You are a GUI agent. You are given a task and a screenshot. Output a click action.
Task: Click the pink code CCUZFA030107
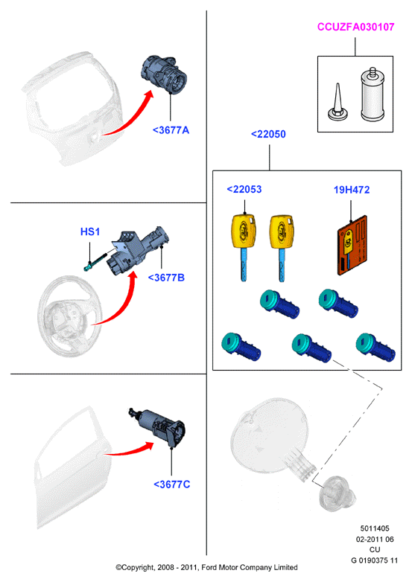(x=355, y=27)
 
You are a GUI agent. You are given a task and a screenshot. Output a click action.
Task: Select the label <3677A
(x=171, y=130)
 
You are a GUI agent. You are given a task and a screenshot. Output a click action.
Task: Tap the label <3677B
(x=166, y=278)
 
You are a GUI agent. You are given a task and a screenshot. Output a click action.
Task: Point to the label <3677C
(x=171, y=485)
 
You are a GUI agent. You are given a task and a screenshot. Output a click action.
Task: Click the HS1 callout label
(x=90, y=231)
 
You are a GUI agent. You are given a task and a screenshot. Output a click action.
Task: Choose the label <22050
(x=268, y=134)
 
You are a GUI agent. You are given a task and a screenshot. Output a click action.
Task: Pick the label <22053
(x=244, y=189)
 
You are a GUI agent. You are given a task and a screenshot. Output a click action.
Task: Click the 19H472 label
(x=352, y=190)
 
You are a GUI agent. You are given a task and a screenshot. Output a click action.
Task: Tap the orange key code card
(x=352, y=246)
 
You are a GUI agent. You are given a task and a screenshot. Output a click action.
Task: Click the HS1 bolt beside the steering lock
(x=95, y=261)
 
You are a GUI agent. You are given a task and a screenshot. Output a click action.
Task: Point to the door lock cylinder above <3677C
(x=157, y=426)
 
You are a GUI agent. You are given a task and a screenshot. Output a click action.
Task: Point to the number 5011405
(x=375, y=528)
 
